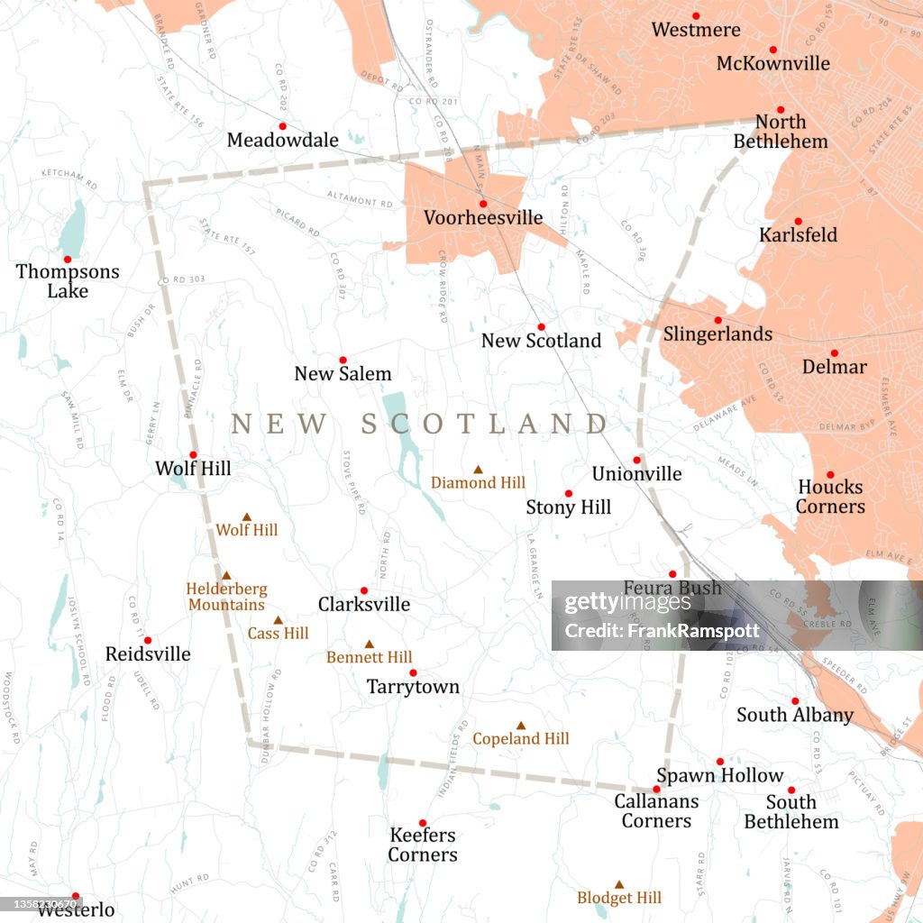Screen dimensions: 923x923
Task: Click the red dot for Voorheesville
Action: click(x=483, y=204)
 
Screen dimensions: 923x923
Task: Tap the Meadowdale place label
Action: click(x=282, y=140)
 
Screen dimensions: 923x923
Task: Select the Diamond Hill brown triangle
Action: click(x=479, y=469)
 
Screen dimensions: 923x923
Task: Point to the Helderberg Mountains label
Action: click(x=226, y=597)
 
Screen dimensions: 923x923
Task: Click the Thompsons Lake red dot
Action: click(x=67, y=259)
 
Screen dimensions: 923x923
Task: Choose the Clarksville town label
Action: click(x=363, y=604)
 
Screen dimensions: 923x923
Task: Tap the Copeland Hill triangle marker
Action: click(x=520, y=725)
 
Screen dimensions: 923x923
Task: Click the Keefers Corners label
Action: click(x=422, y=845)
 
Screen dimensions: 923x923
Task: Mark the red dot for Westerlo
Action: click(x=76, y=896)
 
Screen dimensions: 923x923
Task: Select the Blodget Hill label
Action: click(x=619, y=898)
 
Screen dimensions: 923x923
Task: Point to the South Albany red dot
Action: click(x=795, y=700)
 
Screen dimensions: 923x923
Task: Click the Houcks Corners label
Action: click(x=830, y=497)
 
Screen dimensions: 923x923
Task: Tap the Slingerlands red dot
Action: click(x=718, y=320)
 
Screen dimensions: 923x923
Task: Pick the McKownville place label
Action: click(x=772, y=63)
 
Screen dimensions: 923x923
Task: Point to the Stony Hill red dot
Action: click(x=568, y=493)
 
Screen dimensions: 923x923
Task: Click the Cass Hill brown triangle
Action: click(x=278, y=620)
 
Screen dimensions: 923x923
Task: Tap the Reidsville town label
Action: click(x=148, y=653)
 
